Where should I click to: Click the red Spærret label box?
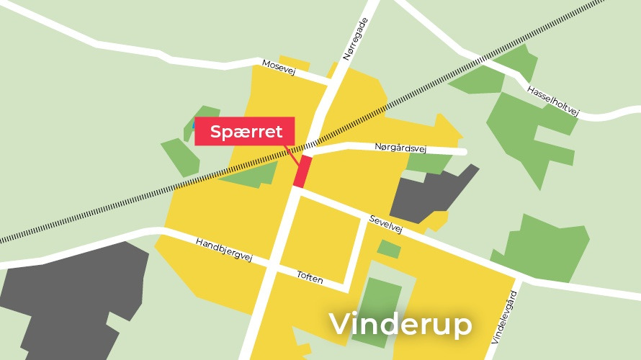pos(245,132)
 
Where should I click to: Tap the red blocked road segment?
pos(302,171)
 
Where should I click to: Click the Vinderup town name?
pos(401,324)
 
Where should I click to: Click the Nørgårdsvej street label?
pos(401,148)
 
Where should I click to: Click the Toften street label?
pos(310,276)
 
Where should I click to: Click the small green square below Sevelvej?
pos(389,249)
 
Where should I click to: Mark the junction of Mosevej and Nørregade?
pos(331,81)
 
